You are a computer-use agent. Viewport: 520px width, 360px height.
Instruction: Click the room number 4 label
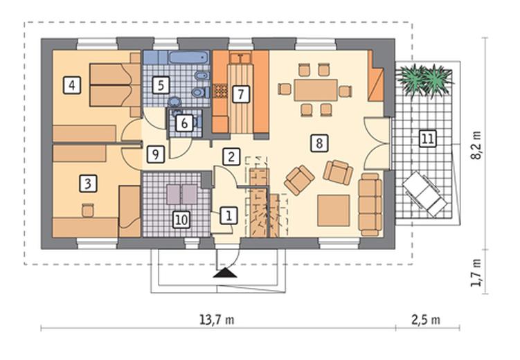point(72,85)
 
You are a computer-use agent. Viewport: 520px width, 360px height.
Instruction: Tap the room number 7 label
point(240,94)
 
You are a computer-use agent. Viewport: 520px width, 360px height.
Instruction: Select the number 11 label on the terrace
point(427,138)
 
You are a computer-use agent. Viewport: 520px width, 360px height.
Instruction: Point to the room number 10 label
point(181,219)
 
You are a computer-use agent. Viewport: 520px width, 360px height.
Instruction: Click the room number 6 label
point(184,123)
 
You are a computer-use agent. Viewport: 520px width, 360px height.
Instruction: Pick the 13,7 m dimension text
point(217,320)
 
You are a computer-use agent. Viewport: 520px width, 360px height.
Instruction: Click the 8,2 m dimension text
point(476,145)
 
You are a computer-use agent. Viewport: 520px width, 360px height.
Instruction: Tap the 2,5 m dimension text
point(426,320)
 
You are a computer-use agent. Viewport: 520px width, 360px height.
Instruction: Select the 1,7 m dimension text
point(476,272)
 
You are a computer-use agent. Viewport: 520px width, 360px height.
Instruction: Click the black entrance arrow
point(225,273)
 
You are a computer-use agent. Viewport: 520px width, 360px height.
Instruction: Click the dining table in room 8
point(316,90)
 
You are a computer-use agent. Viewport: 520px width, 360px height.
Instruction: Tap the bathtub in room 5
point(189,57)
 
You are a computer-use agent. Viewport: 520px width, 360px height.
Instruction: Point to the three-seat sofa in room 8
point(370,204)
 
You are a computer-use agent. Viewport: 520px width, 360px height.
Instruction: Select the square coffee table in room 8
point(334,210)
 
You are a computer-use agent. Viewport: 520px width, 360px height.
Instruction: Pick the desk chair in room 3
point(88,210)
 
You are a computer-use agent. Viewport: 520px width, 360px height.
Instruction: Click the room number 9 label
point(156,154)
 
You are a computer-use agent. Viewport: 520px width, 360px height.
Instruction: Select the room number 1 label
point(228,215)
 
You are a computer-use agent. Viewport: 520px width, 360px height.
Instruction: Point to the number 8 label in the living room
point(319,143)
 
